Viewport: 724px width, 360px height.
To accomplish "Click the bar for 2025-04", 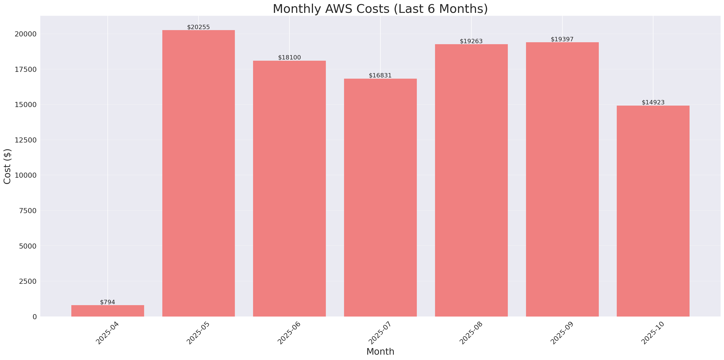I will (x=108, y=311).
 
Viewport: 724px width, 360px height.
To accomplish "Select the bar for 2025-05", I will (x=198, y=173).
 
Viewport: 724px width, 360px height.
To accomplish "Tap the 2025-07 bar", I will (x=380, y=197).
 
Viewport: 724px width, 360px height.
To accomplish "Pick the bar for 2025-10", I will (x=653, y=211).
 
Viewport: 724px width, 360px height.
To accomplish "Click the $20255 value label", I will (x=198, y=27).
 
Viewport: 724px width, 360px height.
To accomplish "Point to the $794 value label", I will (x=108, y=302).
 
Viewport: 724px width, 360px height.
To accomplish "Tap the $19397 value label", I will (x=562, y=39).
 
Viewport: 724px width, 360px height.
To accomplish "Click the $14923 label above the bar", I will (x=653, y=103).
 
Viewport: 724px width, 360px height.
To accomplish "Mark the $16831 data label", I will (x=380, y=76).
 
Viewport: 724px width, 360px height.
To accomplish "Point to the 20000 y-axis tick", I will (x=25, y=34).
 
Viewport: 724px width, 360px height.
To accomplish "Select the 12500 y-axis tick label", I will (x=25, y=140).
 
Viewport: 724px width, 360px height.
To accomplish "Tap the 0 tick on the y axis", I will (x=34, y=317).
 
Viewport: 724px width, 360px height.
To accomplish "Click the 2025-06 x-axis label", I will (x=289, y=333).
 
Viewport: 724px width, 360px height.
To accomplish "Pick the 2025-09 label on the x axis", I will (x=562, y=333).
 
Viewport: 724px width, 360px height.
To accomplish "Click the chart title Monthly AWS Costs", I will (x=380, y=9).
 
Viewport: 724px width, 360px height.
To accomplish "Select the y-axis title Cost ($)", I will (x=7, y=166).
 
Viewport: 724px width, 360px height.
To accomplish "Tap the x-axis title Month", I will (x=380, y=352).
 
